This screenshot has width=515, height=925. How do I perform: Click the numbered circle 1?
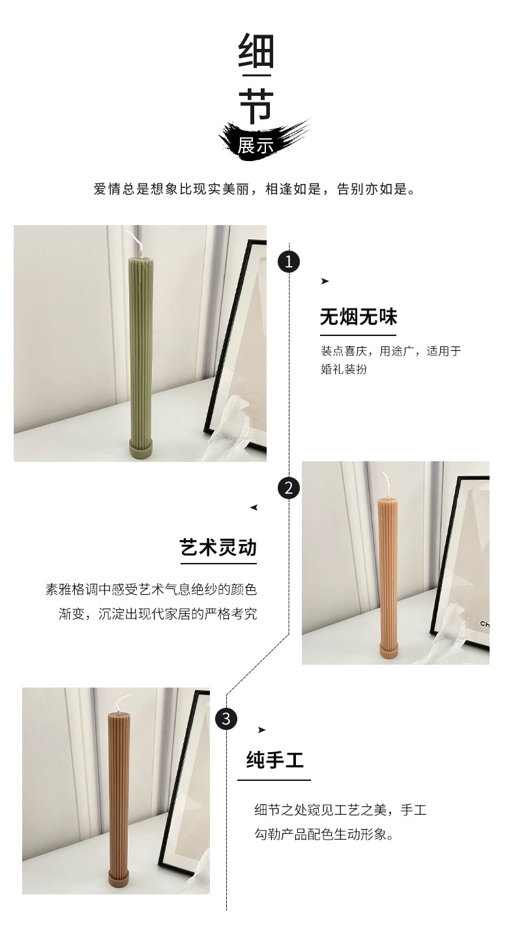pyautogui.click(x=289, y=262)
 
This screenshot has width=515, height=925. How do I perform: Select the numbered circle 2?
pyautogui.click(x=289, y=488)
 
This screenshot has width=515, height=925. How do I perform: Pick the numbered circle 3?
pyautogui.click(x=226, y=719)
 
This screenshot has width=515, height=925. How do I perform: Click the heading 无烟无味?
pyautogui.click(x=358, y=318)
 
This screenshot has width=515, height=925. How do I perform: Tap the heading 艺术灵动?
pyautogui.click(x=218, y=547)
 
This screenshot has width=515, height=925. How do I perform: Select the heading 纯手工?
pyautogui.click(x=274, y=761)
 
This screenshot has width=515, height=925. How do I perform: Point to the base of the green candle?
pyautogui.click(x=139, y=450)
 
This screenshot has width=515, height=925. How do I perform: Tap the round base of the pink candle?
pyautogui.click(x=388, y=650)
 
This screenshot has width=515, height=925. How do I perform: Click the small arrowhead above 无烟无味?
pyautogui.click(x=325, y=281)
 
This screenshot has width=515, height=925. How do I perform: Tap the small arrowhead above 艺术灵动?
pyautogui.click(x=254, y=508)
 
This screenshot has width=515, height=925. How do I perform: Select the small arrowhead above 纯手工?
pyautogui.click(x=261, y=730)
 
